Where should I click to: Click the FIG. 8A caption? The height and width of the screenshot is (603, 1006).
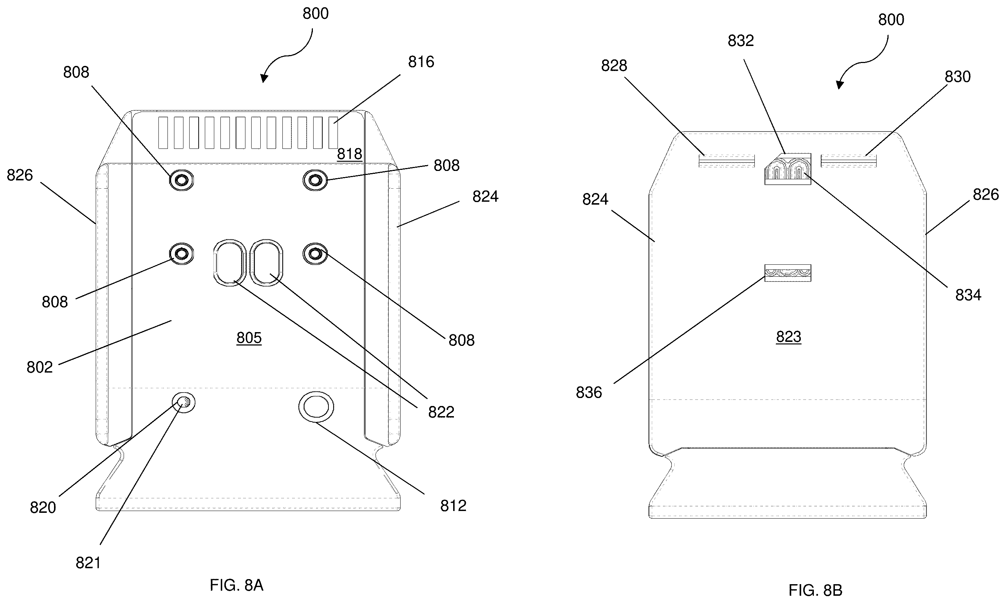tap(236, 585)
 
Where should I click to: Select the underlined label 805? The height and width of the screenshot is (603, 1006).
tap(249, 338)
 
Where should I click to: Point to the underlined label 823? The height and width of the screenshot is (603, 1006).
tap(788, 336)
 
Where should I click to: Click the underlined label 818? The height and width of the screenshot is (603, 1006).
tap(350, 154)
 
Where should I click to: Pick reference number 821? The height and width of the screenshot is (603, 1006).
tap(88, 563)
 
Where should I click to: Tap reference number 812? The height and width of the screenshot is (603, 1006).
tap(453, 506)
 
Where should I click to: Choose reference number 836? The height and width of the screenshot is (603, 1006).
tap(589, 393)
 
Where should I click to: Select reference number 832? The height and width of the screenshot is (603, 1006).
tap(741, 41)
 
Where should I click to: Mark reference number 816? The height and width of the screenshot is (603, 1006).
tap(421, 62)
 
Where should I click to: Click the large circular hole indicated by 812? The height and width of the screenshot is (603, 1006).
tap(316, 407)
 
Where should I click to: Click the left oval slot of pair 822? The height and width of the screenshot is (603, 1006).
tap(230, 262)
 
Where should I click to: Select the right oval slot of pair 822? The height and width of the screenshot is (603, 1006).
tap(266, 262)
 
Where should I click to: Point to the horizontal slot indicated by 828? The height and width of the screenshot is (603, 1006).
tap(726, 160)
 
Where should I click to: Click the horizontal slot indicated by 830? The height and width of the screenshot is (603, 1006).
tap(848, 160)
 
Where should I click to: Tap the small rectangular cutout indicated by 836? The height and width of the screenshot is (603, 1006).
tap(788, 273)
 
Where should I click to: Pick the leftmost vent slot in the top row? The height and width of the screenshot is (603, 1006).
tap(163, 133)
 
